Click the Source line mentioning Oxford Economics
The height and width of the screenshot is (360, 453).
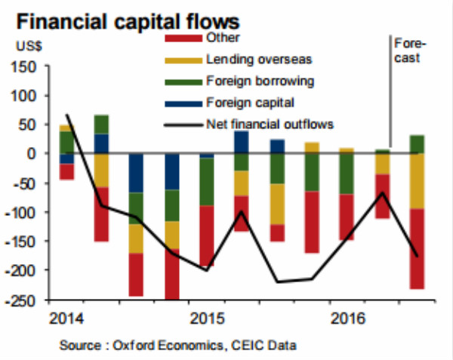tap(177, 345)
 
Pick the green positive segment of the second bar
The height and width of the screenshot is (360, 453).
tap(101, 125)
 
